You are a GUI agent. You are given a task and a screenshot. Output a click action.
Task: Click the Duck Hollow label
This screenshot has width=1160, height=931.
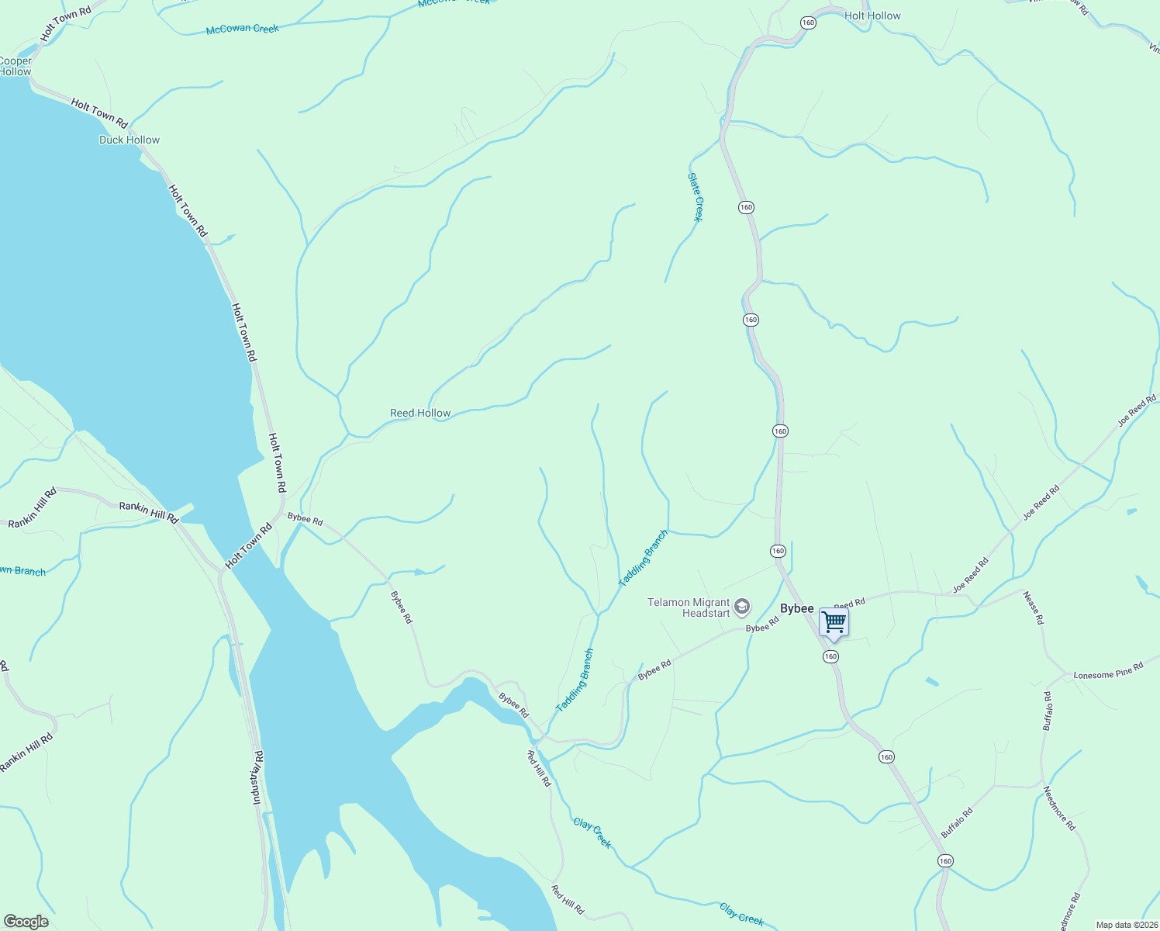click(129, 140)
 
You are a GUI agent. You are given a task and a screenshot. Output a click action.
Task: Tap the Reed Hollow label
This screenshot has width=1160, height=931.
click(420, 413)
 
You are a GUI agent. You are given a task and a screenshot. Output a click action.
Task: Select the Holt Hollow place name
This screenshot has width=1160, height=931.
click(872, 16)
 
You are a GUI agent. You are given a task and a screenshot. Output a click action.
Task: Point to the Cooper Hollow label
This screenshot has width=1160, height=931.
click(16, 66)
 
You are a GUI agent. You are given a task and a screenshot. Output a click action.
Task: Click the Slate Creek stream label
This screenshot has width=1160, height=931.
click(696, 197)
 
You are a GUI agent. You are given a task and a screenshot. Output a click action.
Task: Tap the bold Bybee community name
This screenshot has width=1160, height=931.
click(797, 608)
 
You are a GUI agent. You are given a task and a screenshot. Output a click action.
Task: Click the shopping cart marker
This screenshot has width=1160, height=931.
click(834, 622)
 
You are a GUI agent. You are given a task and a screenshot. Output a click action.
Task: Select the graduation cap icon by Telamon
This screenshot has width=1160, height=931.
click(742, 606)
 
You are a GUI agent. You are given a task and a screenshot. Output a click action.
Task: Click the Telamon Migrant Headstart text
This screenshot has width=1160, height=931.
click(689, 607)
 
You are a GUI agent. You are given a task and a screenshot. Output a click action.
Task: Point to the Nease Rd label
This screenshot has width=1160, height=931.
click(1034, 608)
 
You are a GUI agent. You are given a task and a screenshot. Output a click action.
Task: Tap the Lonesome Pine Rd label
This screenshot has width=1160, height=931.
click(1108, 671)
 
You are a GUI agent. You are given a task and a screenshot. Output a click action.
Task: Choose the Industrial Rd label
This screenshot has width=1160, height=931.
click(257, 777)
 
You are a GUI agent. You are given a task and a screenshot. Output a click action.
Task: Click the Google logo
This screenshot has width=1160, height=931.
click(26, 922)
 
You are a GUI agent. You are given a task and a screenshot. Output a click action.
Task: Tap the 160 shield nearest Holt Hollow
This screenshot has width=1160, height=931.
click(809, 22)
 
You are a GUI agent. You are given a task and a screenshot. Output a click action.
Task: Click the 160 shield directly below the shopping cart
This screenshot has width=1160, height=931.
click(830, 656)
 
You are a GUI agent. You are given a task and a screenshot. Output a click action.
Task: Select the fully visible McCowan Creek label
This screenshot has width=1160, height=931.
click(243, 29)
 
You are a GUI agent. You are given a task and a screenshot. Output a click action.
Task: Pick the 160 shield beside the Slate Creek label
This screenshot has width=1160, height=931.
click(746, 207)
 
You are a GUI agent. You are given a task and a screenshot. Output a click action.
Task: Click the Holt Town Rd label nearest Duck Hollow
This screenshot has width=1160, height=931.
click(99, 113)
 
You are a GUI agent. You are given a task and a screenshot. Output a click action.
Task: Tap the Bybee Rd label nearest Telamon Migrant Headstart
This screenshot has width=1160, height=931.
click(761, 625)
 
